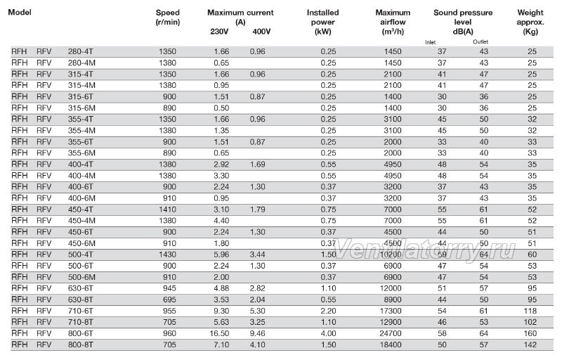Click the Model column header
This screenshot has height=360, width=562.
point(20,12)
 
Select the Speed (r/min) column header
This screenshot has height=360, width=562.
point(168,17)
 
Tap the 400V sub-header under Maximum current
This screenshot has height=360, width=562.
point(261,32)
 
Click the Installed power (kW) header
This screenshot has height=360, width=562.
point(322,22)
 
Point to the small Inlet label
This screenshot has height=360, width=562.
point(430,42)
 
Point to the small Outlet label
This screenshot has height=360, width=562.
point(481,41)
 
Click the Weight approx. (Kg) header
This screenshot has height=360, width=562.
point(530,22)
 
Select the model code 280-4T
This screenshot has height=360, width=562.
point(81,51)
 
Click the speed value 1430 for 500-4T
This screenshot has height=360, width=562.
point(167,255)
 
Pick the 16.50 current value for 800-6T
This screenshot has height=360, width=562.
point(219,333)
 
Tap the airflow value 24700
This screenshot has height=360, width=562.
point(391,333)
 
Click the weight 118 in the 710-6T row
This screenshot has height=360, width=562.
point(530,311)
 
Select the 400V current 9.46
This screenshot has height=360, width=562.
point(257,333)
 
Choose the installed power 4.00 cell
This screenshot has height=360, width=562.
point(328,333)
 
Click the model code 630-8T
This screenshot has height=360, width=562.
point(81,300)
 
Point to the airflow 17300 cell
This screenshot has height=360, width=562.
point(391,311)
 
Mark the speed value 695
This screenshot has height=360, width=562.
point(169,300)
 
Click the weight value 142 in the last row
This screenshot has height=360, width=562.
point(530,345)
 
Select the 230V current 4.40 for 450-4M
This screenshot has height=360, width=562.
point(221,221)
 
